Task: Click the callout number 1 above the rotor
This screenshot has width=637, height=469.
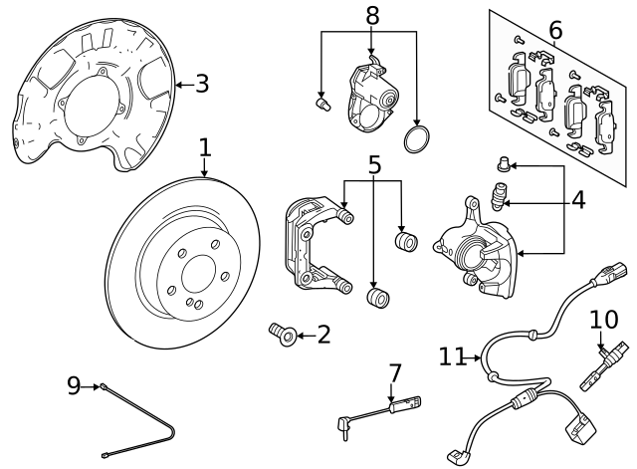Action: point(204,148)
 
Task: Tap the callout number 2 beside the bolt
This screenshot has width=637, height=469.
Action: point(323,336)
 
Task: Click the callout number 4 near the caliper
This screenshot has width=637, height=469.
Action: point(577,200)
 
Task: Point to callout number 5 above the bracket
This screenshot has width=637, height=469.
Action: point(374,163)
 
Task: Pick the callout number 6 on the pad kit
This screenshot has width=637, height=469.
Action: point(555,31)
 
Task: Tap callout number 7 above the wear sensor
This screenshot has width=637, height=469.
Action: point(395,374)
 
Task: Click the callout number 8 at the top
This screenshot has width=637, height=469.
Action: point(372,15)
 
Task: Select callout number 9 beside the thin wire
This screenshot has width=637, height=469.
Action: point(74,385)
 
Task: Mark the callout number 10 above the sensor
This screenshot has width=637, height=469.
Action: point(603,320)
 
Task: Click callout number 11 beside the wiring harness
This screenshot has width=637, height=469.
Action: point(453,355)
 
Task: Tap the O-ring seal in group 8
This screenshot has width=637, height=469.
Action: point(418,139)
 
